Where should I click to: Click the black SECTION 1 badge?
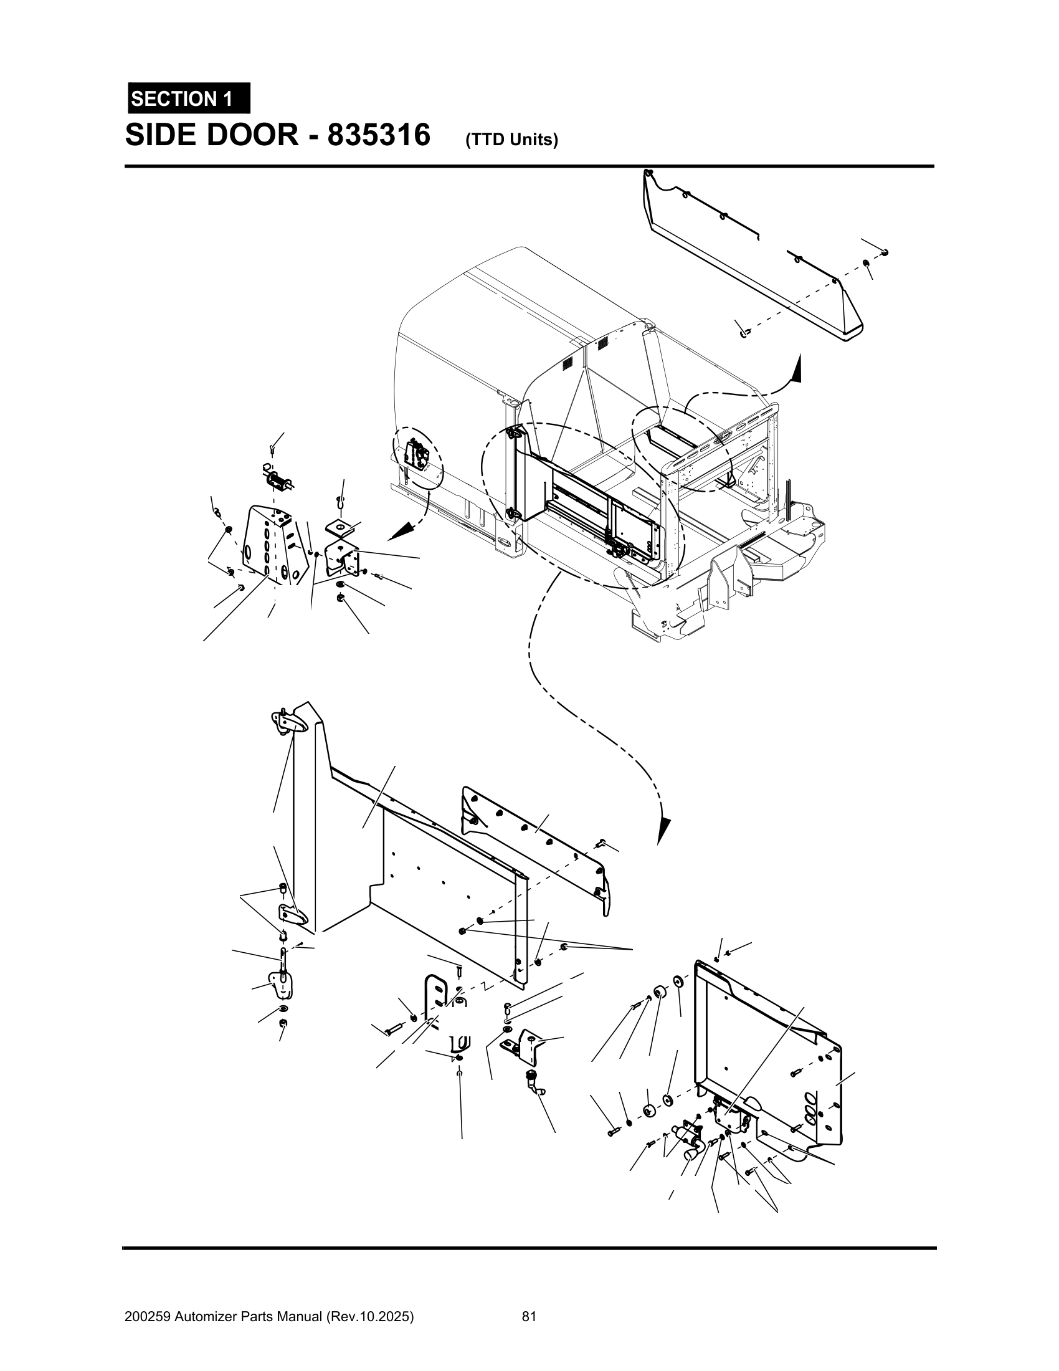188,98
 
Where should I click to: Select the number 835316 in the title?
378,135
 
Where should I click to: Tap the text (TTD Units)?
511,140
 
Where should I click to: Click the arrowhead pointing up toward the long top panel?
797,368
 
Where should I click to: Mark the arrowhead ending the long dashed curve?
664,831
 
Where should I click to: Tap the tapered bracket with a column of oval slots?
276,543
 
